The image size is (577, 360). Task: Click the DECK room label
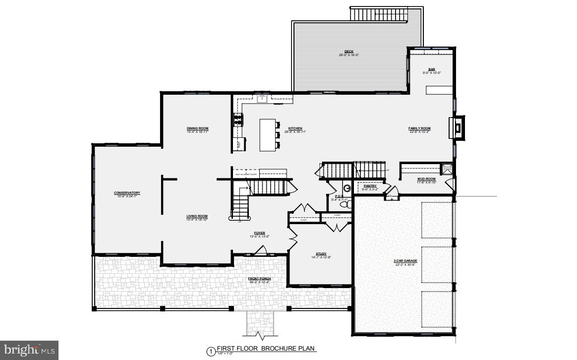pos(348,51)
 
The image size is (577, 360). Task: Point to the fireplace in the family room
pos(457,128)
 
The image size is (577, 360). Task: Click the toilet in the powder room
pos(349,203)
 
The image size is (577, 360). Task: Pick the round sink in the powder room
pos(347,188)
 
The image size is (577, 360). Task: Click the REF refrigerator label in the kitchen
pos(238,145)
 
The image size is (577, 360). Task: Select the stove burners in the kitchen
pos(238,120)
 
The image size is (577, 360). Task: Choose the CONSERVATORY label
pos(127,192)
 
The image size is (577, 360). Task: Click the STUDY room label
pos(322,253)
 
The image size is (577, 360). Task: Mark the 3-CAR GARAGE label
pos(405,261)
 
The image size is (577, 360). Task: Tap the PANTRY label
pos(370,186)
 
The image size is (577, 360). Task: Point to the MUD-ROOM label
pos(425,179)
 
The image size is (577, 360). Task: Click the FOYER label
pos(259,233)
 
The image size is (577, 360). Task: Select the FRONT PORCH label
pos(259,279)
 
